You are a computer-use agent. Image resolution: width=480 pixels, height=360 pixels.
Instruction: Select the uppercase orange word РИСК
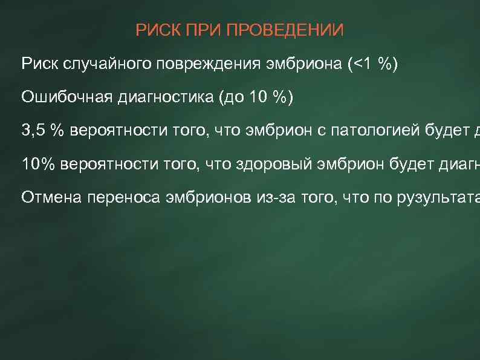pos(155,30)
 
